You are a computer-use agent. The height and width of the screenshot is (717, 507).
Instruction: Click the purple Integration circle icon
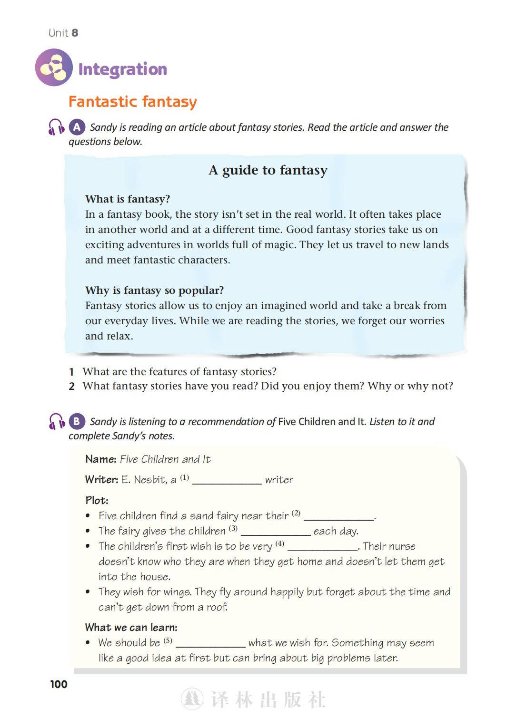tap(54, 68)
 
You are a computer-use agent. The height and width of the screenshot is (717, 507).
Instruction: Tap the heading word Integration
tap(122, 69)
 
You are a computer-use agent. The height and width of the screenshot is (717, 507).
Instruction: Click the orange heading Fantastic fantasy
tap(132, 102)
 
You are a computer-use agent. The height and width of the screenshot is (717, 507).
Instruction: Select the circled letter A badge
tap(77, 127)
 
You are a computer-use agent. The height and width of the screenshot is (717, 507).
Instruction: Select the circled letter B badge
tap(77, 421)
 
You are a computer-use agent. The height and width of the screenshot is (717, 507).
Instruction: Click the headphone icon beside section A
tap(56, 127)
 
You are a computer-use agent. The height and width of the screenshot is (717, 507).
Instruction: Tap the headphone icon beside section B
tap(56, 422)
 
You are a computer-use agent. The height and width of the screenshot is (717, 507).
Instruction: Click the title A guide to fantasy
tap(268, 170)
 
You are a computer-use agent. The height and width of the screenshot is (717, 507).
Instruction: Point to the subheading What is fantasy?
tap(128, 199)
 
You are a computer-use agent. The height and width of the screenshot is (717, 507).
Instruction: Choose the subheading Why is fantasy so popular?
tap(154, 290)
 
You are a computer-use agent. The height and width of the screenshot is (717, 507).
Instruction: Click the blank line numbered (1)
tap(227, 481)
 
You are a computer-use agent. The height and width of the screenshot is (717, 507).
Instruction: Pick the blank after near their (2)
tap(338, 517)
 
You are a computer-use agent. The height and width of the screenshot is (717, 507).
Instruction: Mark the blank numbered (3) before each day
tap(276, 533)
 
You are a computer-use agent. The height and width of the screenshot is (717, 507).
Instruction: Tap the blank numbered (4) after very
tap(322, 548)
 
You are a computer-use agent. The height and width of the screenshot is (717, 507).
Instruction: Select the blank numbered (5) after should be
tap(210, 644)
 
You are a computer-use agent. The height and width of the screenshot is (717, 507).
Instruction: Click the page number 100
tap(59, 684)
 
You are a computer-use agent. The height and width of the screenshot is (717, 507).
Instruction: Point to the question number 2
tap(71, 387)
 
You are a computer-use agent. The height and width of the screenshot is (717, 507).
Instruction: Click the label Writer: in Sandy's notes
tap(101, 480)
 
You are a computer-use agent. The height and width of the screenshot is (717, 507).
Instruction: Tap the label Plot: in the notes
tap(97, 500)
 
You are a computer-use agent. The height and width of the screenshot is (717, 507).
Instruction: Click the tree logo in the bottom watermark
tap(192, 699)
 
